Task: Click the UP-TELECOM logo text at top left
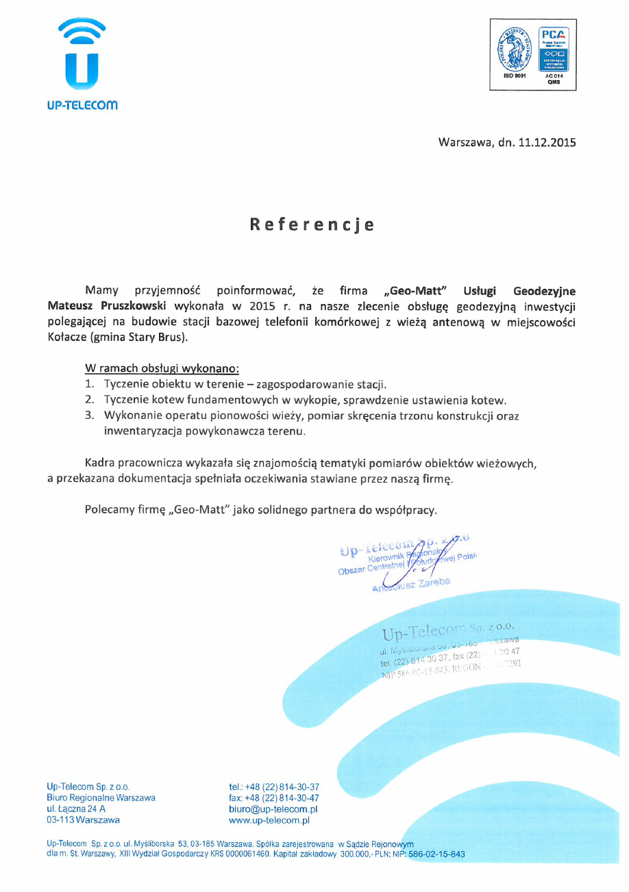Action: tap(83, 105)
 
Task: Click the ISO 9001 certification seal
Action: tap(514, 53)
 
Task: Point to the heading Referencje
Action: tap(312, 225)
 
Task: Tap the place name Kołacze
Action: tap(67, 337)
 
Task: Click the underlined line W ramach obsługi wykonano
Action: tap(162, 368)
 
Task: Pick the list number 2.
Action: tap(89, 400)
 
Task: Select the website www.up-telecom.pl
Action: tap(269, 819)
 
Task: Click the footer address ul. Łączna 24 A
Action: tap(76, 808)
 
